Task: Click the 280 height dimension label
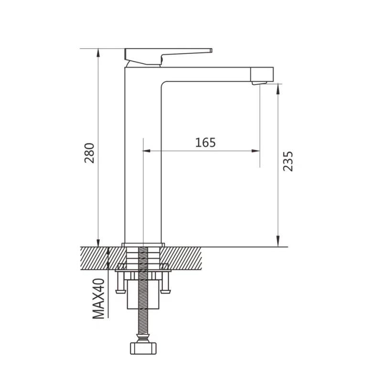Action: pyautogui.click(x=89, y=153)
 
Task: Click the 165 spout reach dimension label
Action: pyautogui.click(x=205, y=142)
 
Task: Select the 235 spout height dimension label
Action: pyautogui.click(x=288, y=161)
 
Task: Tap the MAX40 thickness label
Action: pyautogui.click(x=99, y=299)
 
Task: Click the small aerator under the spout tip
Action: pyautogui.click(x=259, y=83)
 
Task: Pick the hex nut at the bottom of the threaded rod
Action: pyautogui.click(x=143, y=348)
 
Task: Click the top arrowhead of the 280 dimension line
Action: pyautogui.click(x=98, y=53)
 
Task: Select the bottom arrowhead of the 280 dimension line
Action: pyautogui.click(x=98, y=243)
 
